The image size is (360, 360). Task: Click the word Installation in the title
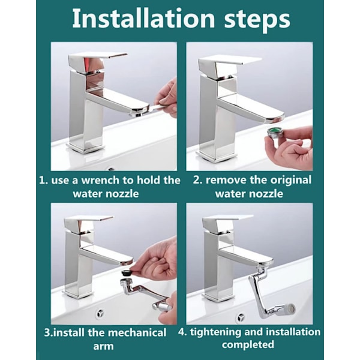[143, 19]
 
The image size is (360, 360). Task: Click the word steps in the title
[257, 20]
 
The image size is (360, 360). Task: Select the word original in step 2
[290, 181]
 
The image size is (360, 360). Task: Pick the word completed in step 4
[248, 344]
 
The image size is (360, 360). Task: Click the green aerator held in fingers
[274, 133]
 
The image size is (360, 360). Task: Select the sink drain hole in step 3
[101, 313]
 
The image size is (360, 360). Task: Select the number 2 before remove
[196, 181]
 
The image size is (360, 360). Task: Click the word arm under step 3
[103, 346]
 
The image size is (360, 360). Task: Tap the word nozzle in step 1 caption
[122, 194]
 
